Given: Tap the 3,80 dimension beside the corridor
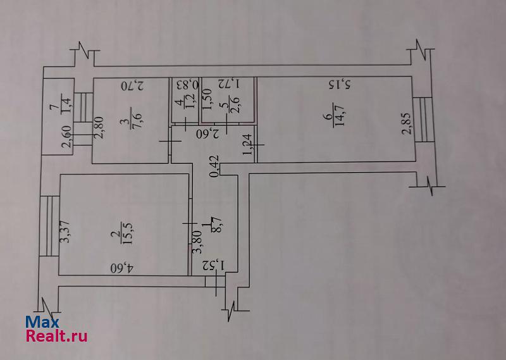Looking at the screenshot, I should pyautogui.click(x=197, y=241).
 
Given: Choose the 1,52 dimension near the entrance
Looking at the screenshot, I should pyautogui.click(x=216, y=266).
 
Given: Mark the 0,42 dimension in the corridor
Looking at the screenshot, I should pyautogui.click(x=216, y=166).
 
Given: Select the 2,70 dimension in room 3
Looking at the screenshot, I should pyautogui.click(x=133, y=84).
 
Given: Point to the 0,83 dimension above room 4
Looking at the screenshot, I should pyautogui.click(x=187, y=84).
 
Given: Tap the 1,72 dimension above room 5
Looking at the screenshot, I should pyautogui.click(x=228, y=83).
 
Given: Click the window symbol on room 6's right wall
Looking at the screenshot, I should pyautogui.click(x=423, y=120).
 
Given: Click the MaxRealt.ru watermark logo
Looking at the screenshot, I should pyautogui.click(x=57, y=328).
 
